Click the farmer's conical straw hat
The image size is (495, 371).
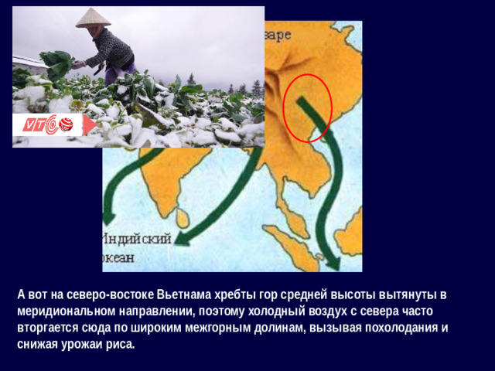93,18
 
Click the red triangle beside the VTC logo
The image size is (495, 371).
90,125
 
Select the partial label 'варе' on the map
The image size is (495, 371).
278,35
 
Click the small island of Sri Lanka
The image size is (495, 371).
182,217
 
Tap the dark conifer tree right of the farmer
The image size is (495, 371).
256,87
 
